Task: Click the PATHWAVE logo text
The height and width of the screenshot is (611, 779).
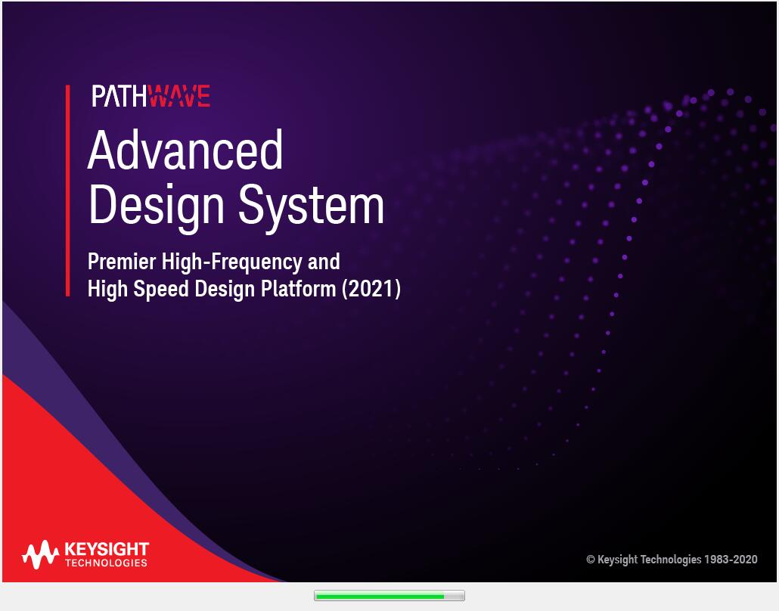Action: pyautogui.click(x=151, y=96)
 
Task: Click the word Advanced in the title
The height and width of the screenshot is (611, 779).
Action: pyautogui.click(x=185, y=150)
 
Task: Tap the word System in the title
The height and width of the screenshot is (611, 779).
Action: pyautogui.click(x=311, y=205)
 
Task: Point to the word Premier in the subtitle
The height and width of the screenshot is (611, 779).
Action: pyautogui.click(x=122, y=262)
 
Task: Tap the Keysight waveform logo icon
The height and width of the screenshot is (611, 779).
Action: pyautogui.click(x=40, y=555)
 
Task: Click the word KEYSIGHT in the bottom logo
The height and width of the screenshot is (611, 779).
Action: pyautogui.click(x=107, y=549)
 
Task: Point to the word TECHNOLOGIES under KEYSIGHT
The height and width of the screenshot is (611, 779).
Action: pyautogui.click(x=107, y=563)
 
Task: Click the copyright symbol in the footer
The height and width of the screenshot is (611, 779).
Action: pyautogui.click(x=591, y=560)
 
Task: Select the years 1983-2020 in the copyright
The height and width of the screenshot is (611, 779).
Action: pyautogui.click(x=731, y=560)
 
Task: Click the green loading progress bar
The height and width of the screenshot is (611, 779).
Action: pyautogui.click(x=378, y=596)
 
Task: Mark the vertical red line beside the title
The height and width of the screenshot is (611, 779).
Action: pyautogui.click(x=67, y=190)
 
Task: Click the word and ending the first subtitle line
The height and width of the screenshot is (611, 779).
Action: pyautogui.click(x=323, y=262)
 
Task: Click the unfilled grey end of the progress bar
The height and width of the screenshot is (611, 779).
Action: pyautogui.click(x=454, y=596)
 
